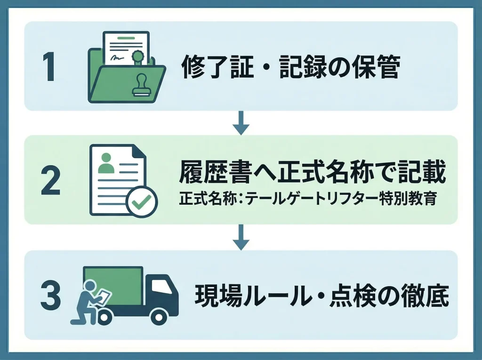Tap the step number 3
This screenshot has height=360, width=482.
50,297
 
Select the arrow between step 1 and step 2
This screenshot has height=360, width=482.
241,123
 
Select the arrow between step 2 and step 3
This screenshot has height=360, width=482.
241,237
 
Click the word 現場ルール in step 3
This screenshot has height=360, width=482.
244,297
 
